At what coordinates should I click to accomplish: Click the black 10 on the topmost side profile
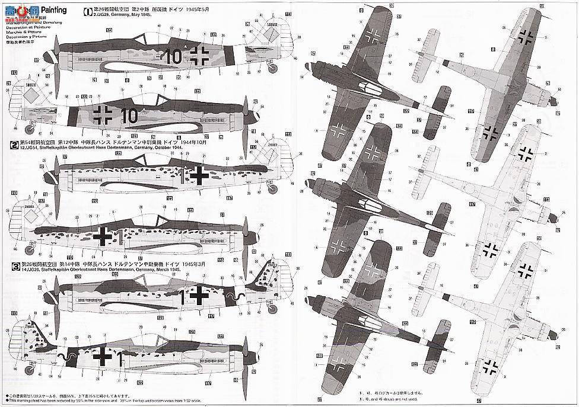[173, 57]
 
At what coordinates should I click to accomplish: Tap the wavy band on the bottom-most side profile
[70, 357]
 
